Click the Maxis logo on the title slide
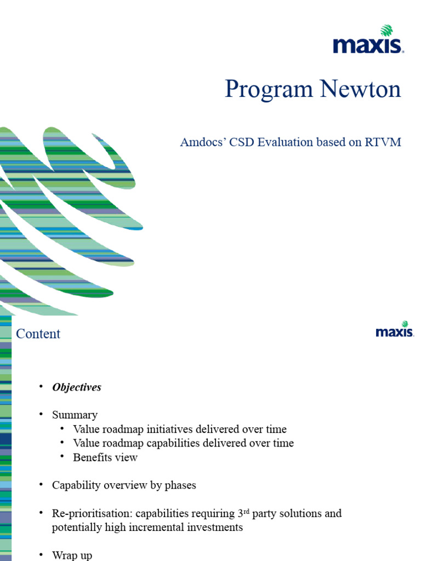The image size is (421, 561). [368, 40]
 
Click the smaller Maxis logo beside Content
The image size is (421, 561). [395, 329]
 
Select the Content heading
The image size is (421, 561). [38, 334]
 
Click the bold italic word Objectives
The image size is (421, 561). [77, 387]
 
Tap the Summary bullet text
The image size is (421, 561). [75, 415]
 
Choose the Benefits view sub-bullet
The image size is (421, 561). [105, 457]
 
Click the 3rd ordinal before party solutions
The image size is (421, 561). [243, 513]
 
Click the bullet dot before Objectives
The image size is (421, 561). [41, 387]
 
